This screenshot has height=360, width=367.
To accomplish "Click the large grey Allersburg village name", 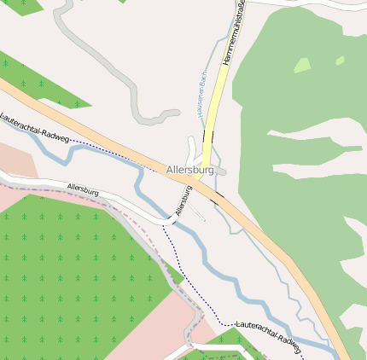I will coord(190,170).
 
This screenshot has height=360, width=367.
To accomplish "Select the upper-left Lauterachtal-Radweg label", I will coord(33,127).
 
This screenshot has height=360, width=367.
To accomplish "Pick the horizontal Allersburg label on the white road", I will coord(82,188).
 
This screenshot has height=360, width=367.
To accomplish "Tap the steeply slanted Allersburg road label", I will coord(182,200).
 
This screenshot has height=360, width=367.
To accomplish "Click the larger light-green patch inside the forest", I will coord(301,65).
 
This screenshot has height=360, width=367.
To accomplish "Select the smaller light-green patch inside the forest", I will coord(340,61).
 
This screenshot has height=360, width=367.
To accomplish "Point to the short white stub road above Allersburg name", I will coord(190,147).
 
